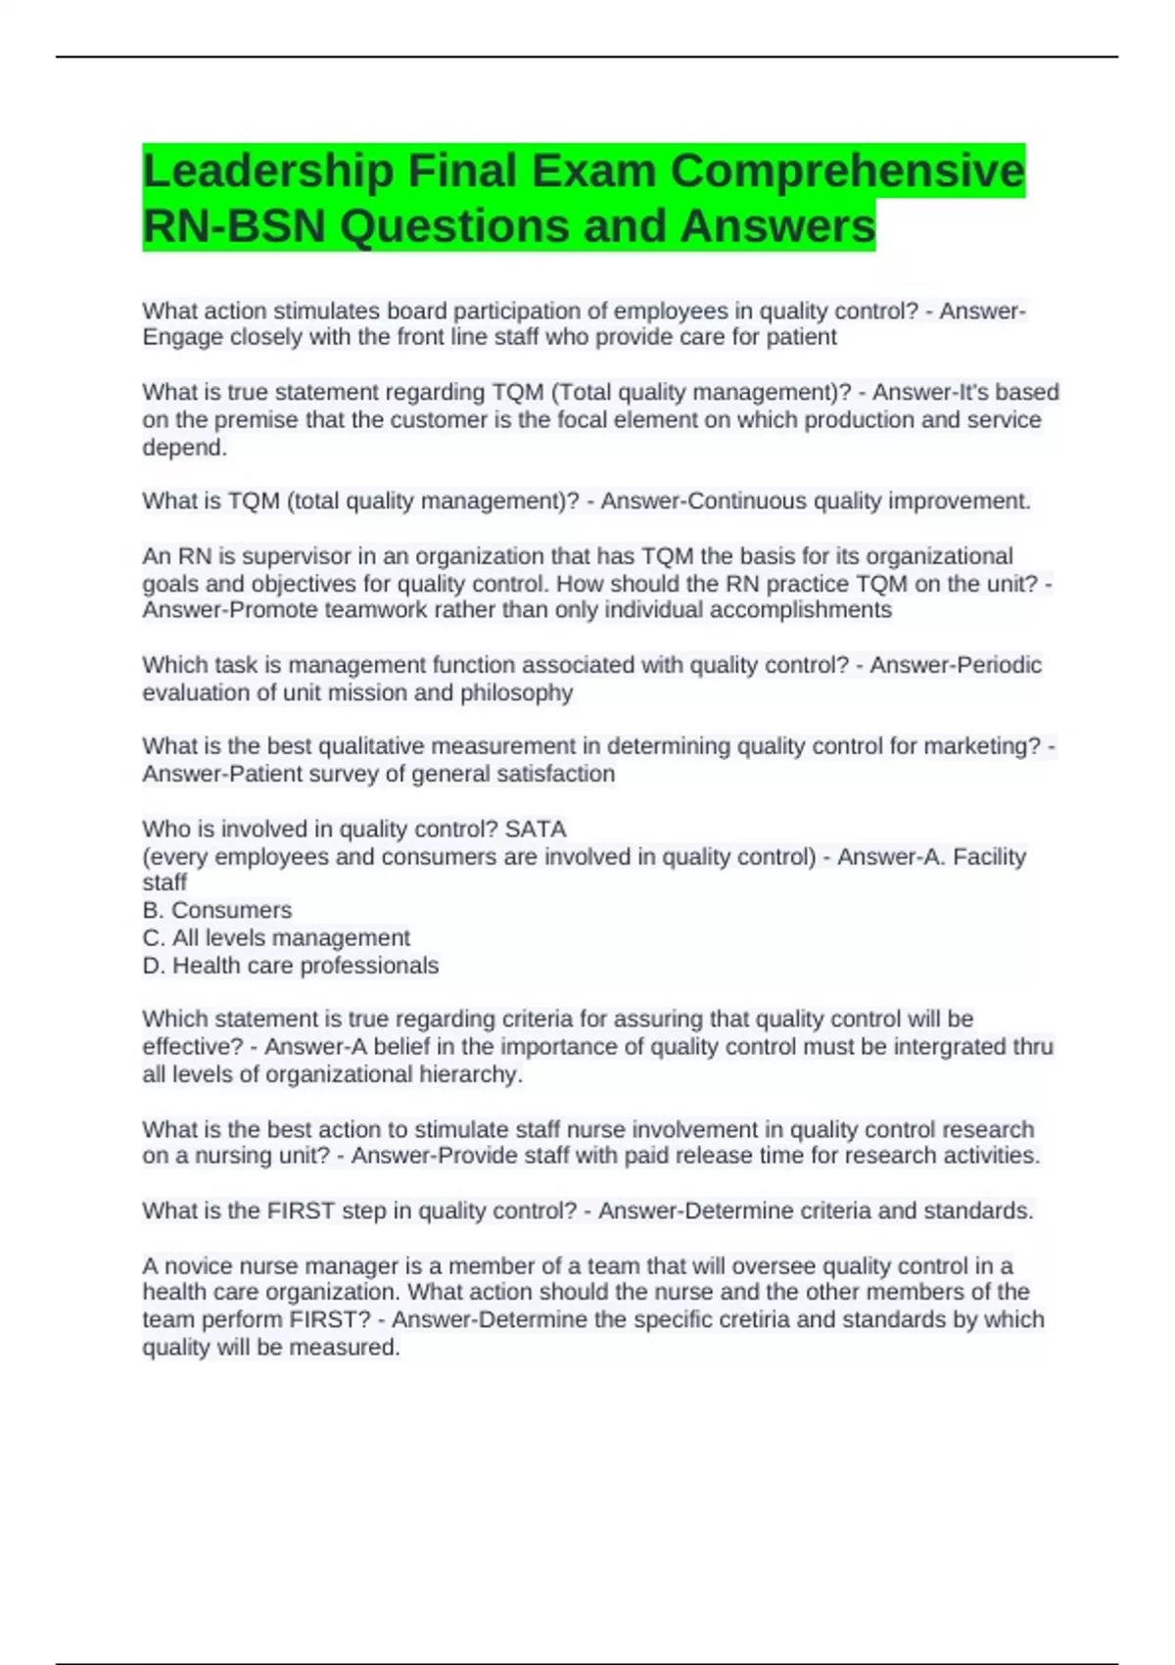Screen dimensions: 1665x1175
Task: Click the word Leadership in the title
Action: (267, 172)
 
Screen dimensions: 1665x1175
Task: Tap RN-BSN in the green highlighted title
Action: (233, 227)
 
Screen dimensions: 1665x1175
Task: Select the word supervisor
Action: (296, 556)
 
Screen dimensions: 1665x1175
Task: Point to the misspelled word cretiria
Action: (753, 1320)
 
